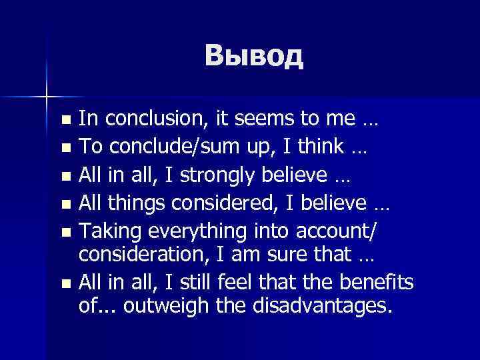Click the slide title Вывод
tap(254, 56)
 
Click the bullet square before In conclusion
tap(64, 121)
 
